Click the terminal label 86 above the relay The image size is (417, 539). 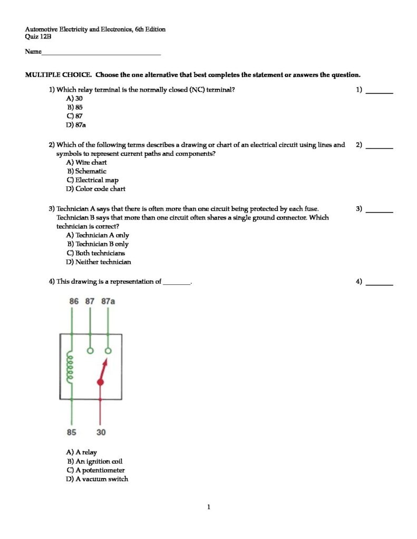pyautogui.click(x=74, y=301)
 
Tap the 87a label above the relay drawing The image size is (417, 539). pyautogui.click(x=108, y=301)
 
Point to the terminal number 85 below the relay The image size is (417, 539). pyautogui.click(x=71, y=432)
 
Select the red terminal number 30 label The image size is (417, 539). pyautogui.click(x=101, y=432)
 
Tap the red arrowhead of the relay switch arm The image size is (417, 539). pyautogui.click(x=105, y=362)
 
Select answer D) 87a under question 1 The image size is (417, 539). pyautogui.click(x=74, y=125)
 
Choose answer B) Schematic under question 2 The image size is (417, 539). pyautogui.click(x=86, y=171)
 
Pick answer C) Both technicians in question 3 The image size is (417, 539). pyautogui.click(x=95, y=253)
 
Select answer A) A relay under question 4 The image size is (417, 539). pyautogui.click(x=82, y=452)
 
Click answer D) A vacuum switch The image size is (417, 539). pyautogui.click(x=97, y=479)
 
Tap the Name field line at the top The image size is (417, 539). pyautogui.click(x=100, y=53)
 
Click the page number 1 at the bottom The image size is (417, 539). pyautogui.click(x=209, y=507)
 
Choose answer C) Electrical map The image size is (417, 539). pyautogui.click(x=92, y=180)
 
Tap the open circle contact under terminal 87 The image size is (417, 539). pyautogui.click(x=90, y=350)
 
